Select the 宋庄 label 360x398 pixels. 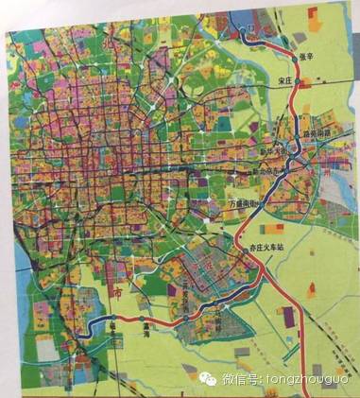[278, 81]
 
